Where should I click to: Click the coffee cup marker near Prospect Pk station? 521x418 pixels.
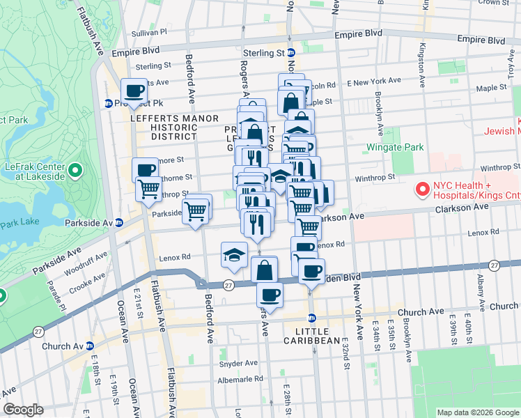click(135, 90)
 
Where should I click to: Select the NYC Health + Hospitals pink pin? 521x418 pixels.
click(421, 189)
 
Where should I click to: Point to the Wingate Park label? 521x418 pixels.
click(396, 148)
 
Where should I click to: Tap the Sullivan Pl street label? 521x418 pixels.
click(149, 32)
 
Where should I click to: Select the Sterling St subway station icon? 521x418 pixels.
click(291, 53)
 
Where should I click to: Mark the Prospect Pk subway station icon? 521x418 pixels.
click(109, 104)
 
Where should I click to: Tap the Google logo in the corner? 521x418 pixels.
click(23, 410)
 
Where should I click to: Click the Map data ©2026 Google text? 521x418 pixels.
click(477, 412)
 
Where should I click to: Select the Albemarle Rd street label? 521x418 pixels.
click(239, 379)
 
